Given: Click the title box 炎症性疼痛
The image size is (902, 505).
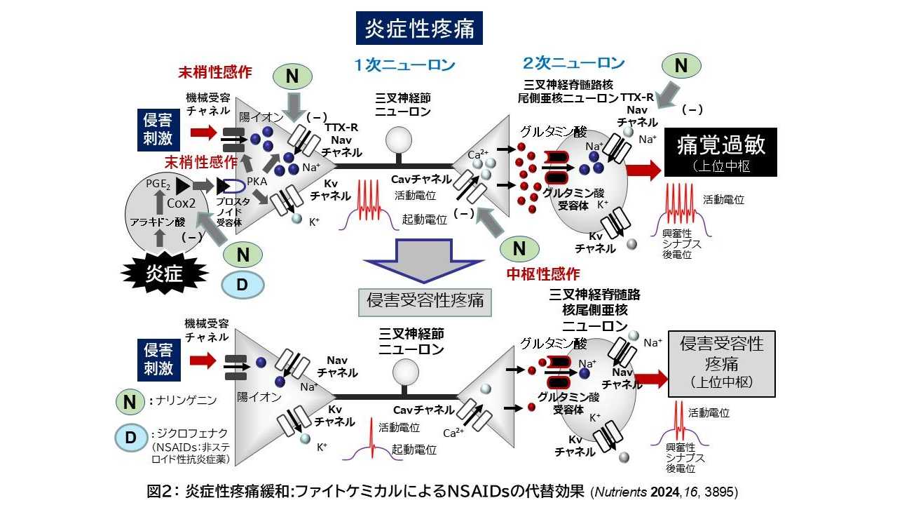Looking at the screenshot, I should [x=419, y=28].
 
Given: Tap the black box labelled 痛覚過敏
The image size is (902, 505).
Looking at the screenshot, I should [x=720, y=151].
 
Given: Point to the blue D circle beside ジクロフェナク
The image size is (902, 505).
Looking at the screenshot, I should [x=242, y=284].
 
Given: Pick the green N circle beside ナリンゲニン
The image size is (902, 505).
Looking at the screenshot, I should [x=130, y=402].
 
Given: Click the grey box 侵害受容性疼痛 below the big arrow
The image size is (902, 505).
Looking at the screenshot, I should [x=425, y=300].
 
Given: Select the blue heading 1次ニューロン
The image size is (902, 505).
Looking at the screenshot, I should [x=404, y=65].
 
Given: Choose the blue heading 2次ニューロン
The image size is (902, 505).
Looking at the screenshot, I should [x=573, y=63].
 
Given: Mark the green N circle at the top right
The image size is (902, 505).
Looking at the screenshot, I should [x=681, y=66].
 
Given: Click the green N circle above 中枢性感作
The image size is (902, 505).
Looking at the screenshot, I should [x=519, y=248].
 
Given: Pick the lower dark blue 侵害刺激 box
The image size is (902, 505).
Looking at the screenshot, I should [x=158, y=359].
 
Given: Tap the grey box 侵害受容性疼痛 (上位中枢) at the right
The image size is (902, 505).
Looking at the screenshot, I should [x=722, y=363].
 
